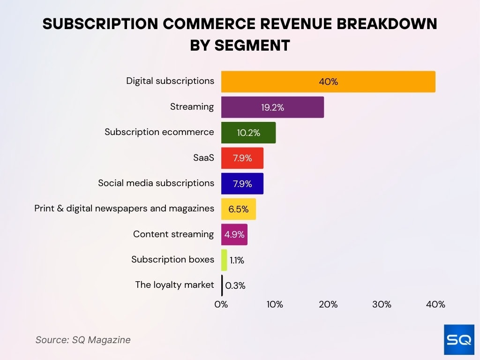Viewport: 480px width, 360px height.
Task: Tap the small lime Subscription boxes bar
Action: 224,260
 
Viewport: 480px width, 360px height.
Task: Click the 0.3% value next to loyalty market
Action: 235,285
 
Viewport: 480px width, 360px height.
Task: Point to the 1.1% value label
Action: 237,260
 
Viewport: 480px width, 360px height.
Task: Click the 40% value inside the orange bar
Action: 328,82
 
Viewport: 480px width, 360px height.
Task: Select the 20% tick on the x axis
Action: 328,304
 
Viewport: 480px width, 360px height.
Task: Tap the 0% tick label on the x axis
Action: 221,304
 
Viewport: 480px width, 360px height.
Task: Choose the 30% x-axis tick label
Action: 382,304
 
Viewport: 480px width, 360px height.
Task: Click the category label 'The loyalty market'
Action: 174,285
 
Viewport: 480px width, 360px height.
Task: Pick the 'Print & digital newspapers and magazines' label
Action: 124,208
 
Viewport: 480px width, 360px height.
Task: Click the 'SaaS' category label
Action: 203,157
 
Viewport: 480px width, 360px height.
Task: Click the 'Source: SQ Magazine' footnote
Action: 83,340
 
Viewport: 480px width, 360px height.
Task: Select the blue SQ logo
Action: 459,339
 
